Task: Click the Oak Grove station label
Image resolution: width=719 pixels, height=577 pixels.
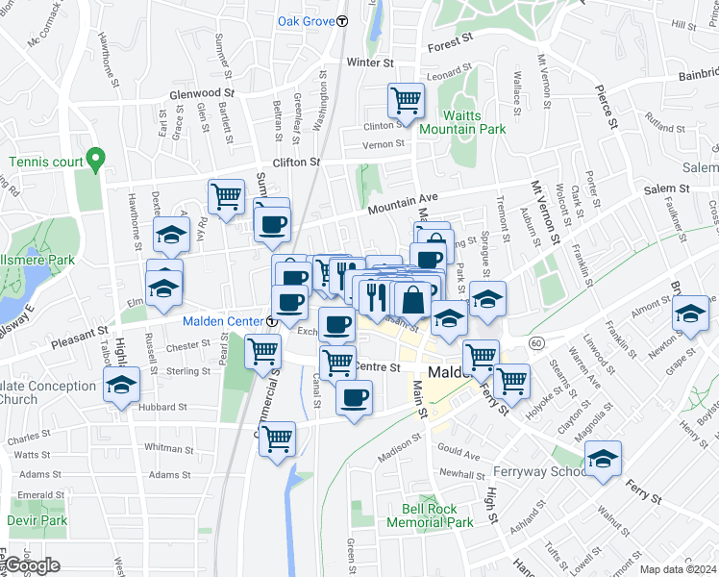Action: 306,20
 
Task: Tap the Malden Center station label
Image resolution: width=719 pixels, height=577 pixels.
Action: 223,321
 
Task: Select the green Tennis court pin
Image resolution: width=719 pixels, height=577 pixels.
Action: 94,159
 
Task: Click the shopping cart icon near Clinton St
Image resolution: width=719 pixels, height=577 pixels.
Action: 406,100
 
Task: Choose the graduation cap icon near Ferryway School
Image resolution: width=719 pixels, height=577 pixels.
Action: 604,460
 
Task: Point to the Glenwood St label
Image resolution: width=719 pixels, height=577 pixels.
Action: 202,93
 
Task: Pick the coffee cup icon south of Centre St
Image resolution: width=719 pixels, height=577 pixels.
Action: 354,396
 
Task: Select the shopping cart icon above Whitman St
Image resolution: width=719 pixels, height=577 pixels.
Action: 277,439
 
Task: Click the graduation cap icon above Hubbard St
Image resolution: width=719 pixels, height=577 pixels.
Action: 121,386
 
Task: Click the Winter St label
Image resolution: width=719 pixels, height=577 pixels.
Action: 370,63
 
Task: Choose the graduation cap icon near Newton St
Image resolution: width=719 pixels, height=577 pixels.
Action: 690,314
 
